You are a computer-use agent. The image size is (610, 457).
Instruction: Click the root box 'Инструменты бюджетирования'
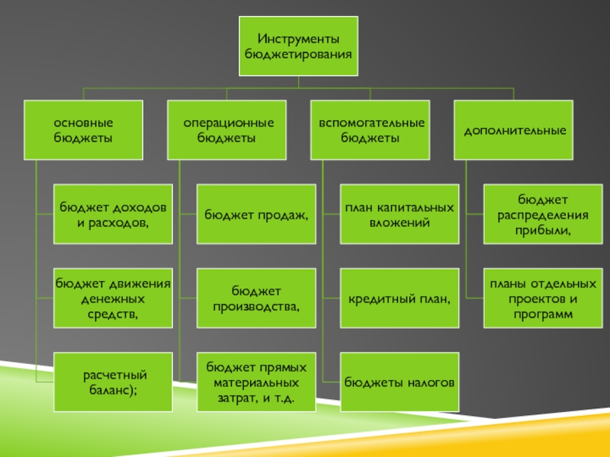click(x=298, y=46)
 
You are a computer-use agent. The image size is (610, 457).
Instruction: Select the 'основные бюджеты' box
click(x=83, y=130)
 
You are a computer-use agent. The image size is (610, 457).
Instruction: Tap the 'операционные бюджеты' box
click(x=226, y=130)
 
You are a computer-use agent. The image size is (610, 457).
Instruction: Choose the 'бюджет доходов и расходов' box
click(x=113, y=214)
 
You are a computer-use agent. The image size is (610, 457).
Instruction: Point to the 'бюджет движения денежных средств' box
click(x=113, y=298)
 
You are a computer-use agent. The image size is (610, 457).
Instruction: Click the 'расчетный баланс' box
click(x=113, y=382)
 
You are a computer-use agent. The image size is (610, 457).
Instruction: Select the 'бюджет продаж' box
click(x=256, y=214)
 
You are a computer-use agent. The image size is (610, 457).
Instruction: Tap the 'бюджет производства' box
click(x=256, y=298)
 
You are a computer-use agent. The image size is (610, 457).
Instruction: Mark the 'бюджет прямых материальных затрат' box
click(x=256, y=382)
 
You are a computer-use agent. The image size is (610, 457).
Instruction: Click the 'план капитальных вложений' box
click(x=400, y=214)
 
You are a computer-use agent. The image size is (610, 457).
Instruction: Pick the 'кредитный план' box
click(x=400, y=298)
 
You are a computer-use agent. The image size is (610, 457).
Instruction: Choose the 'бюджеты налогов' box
click(x=400, y=382)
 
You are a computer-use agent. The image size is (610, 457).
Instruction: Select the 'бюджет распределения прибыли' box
click(x=544, y=214)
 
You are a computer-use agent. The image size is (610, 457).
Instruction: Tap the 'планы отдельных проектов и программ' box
click(x=544, y=298)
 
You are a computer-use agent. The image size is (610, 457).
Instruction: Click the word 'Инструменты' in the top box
click(x=298, y=39)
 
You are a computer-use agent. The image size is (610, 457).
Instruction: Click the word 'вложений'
click(x=400, y=222)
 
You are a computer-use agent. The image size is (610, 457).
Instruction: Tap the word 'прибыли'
click(x=544, y=229)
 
